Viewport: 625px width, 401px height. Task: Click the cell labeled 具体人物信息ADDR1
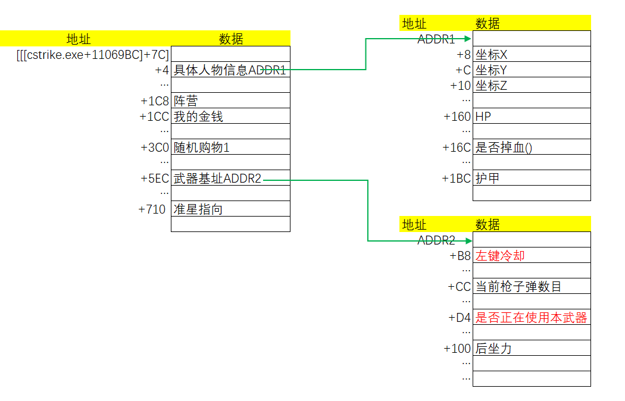pos(230,70)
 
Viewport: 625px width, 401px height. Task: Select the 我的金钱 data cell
pos(230,117)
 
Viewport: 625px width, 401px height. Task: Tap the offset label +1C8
pos(155,101)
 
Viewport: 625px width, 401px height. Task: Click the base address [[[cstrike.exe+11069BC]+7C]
pos(93,55)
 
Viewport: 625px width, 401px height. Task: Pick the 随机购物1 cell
pos(230,148)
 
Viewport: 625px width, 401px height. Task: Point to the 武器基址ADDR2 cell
pos(230,178)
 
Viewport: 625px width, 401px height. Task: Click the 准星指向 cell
pos(230,209)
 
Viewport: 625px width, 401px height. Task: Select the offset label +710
pos(152,209)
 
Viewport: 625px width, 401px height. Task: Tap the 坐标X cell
pos(532,55)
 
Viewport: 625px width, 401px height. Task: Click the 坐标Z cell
pos(532,86)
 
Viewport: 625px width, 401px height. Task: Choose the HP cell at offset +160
pos(532,117)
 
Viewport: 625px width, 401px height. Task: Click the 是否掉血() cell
pos(532,148)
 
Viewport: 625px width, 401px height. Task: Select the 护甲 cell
pos(532,178)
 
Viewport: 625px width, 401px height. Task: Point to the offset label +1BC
pos(457,178)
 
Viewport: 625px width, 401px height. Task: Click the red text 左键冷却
pos(500,256)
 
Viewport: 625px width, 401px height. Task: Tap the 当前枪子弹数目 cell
pos(532,287)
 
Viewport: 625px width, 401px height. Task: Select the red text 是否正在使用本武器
pos(532,318)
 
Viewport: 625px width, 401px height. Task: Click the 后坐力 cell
pos(532,349)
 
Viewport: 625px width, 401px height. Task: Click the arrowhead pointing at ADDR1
pos(468,39)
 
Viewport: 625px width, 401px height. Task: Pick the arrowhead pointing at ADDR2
pos(468,240)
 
